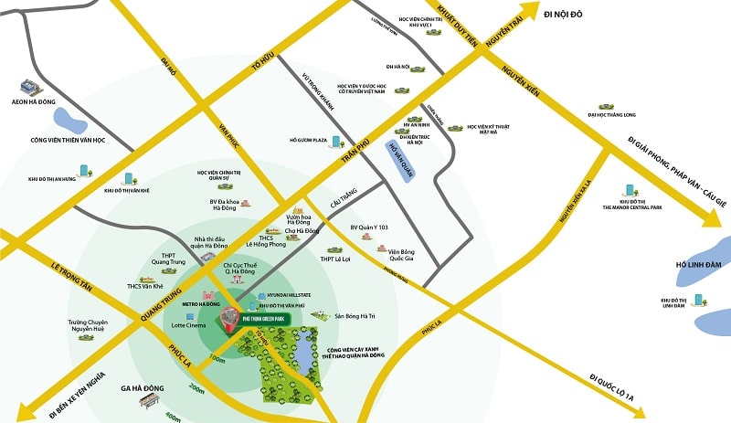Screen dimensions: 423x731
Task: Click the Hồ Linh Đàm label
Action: coord(699,265)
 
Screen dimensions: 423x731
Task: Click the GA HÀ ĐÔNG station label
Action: coord(143,386)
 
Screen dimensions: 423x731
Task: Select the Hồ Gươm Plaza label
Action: coord(308,141)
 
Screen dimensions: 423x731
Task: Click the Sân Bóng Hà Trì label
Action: coord(355,315)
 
